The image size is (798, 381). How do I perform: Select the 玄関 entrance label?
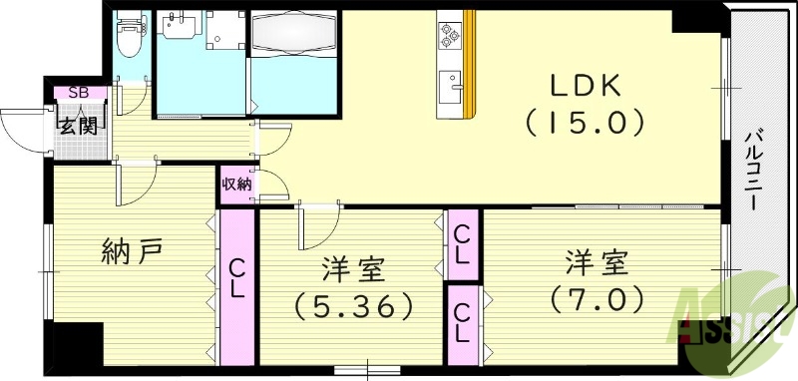tap(76, 126)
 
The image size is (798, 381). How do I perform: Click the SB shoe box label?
tap(76, 93)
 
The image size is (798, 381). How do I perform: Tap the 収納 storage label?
tap(237, 185)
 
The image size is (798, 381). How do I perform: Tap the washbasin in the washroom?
tap(181, 27)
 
